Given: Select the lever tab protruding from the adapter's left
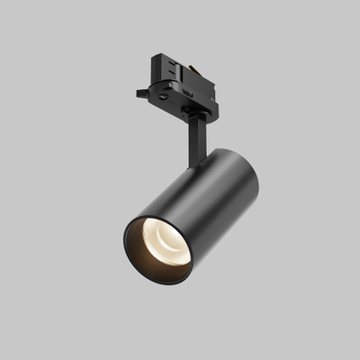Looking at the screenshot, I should point(144,93).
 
